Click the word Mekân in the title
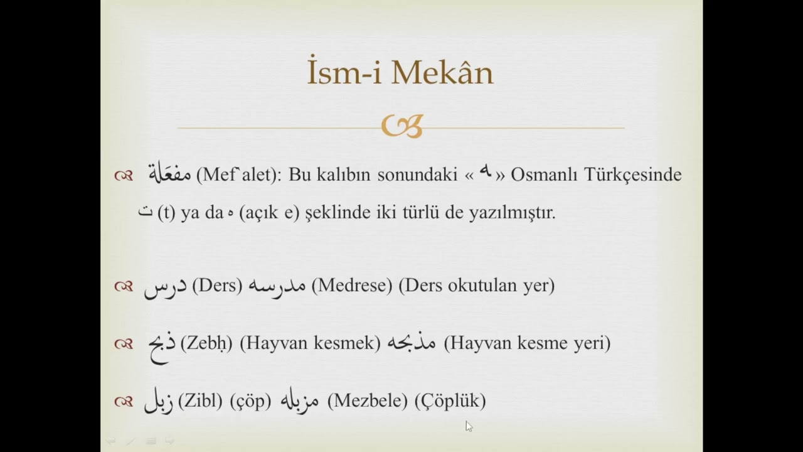click(x=442, y=73)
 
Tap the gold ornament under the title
click(x=401, y=126)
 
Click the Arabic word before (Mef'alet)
click(x=169, y=174)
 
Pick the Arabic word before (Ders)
click(x=165, y=286)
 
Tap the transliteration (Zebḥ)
click(x=206, y=343)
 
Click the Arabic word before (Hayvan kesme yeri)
click(x=411, y=343)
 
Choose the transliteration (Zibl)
click(x=200, y=401)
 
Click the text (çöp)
click(x=250, y=401)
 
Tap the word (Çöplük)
click(x=450, y=401)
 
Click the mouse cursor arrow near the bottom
click(x=469, y=426)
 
